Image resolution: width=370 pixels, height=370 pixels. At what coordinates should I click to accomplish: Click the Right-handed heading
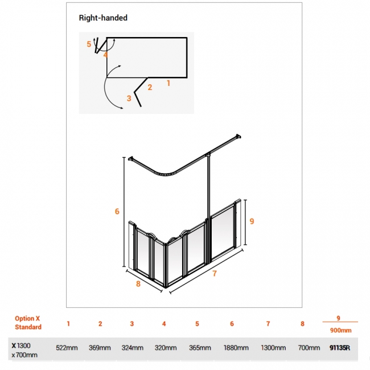click(x=103, y=18)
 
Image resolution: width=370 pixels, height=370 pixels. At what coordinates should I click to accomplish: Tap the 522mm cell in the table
click(x=67, y=348)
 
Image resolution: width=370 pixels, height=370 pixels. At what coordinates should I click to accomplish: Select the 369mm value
click(x=100, y=348)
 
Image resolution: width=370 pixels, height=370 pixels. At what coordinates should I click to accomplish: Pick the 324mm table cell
click(x=133, y=348)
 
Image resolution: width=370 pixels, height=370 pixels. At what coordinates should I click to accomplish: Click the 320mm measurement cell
click(x=166, y=348)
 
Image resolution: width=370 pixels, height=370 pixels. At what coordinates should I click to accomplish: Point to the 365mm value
click(x=200, y=348)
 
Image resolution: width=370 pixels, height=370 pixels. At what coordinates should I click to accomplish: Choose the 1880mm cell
click(x=236, y=348)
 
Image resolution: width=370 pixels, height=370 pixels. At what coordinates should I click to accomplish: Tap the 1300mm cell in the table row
click(x=273, y=348)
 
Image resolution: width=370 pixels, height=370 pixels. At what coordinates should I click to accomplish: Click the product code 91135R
click(x=340, y=348)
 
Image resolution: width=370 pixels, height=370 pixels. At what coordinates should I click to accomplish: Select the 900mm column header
click(x=341, y=330)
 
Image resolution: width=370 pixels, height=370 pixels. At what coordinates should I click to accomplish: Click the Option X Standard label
click(x=28, y=323)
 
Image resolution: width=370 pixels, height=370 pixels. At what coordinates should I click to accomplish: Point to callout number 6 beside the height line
click(x=117, y=211)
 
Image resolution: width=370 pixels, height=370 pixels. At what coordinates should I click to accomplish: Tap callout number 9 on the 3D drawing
click(x=252, y=221)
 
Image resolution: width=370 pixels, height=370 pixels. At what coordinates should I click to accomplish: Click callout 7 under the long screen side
click(x=215, y=273)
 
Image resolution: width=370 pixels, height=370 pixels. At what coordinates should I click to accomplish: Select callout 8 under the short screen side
click(x=138, y=283)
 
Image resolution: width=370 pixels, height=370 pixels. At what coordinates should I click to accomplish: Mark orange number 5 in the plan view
click(x=89, y=44)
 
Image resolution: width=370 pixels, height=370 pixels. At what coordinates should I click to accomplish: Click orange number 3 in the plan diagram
click(x=129, y=98)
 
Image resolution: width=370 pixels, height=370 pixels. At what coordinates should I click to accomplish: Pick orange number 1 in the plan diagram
click(x=168, y=83)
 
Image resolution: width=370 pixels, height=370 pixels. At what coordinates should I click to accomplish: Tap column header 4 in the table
click(x=164, y=324)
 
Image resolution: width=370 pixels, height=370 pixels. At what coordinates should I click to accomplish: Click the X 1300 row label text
click(x=21, y=346)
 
